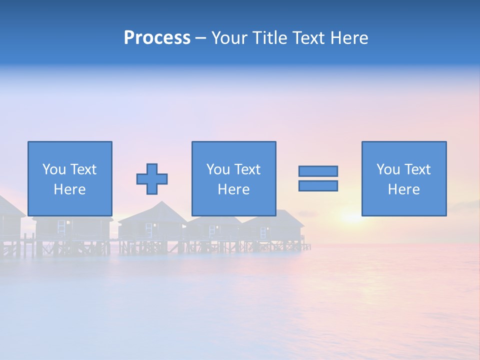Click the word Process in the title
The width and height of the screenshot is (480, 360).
(x=157, y=38)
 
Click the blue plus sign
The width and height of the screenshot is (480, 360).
(x=152, y=179)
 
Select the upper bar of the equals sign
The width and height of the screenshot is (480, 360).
(x=318, y=171)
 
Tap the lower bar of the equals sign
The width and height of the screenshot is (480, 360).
(x=318, y=186)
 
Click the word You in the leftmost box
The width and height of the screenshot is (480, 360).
(x=54, y=169)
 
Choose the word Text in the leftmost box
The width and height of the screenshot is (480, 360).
(x=83, y=169)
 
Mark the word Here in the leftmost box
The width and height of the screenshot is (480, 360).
(x=69, y=189)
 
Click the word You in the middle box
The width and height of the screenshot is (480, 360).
(x=218, y=169)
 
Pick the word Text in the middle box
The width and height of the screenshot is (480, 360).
(x=247, y=169)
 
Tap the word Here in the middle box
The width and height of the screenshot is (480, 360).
(x=233, y=189)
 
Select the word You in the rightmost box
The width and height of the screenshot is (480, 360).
(x=388, y=169)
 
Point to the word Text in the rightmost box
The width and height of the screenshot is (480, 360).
(x=417, y=169)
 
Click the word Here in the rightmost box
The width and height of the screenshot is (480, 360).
(x=403, y=189)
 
